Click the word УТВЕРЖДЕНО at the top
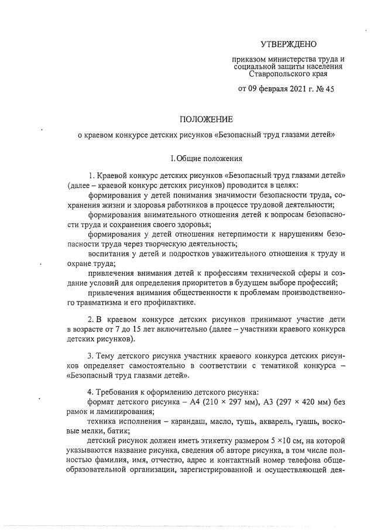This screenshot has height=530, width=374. click(x=288, y=45)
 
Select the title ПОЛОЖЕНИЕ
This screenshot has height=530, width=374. click(x=207, y=118)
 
